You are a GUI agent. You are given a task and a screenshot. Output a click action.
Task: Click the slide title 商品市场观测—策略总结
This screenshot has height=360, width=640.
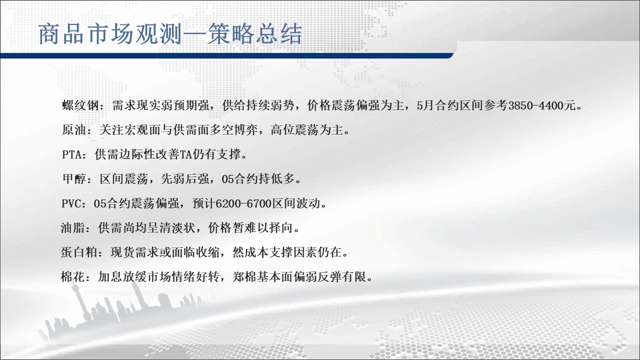click(170, 34)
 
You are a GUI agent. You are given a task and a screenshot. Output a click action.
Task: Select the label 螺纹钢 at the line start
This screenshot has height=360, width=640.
click(80, 105)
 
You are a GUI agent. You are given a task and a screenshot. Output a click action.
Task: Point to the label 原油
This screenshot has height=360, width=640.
click(74, 130)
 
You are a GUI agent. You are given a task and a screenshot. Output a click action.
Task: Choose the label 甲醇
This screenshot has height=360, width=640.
click(74, 179)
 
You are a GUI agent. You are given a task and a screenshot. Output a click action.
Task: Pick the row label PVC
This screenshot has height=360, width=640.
click(71, 203)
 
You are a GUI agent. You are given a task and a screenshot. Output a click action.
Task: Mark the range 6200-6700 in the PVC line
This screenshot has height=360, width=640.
click(243, 203)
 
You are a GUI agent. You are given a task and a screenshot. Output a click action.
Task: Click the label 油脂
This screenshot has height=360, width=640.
click(73, 228)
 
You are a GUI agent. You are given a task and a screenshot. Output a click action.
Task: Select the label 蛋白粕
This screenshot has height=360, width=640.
click(79, 252)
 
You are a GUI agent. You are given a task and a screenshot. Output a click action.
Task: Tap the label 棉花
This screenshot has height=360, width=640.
click(73, 277)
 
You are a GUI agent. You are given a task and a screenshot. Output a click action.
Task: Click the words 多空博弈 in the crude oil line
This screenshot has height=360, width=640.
click(233, 130)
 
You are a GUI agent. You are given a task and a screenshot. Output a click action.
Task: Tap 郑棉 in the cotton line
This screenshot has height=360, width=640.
click(244, 277)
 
